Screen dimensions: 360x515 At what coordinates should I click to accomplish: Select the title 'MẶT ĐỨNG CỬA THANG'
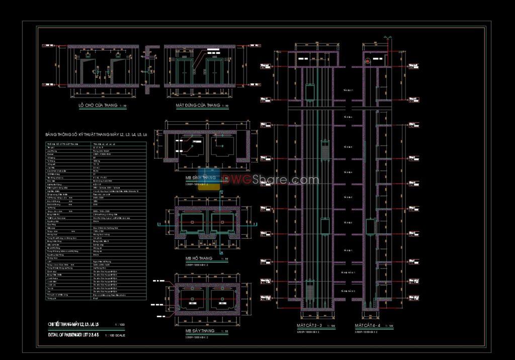(198, 106)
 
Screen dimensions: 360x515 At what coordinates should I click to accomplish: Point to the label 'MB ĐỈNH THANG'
(201, 178)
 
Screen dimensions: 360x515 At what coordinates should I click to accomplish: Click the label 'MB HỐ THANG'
(199, 258)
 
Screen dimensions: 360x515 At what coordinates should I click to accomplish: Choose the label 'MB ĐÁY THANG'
(200, 331)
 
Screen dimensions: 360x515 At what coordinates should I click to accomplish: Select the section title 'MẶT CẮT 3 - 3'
(312, 326)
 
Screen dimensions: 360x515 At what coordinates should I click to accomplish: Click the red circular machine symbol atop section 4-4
(368, 61)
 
